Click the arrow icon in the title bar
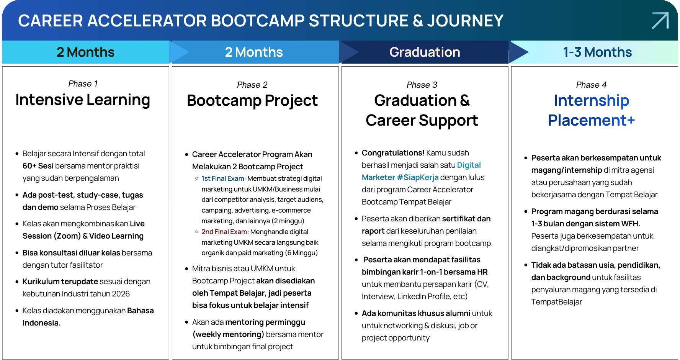click(660, 20)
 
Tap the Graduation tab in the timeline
click(425, 52)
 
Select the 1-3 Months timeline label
click(597, 52)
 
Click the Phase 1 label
click(83, 83)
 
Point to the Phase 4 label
click(592, 85)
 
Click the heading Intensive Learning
click(83, 100)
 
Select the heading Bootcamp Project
click(252, 101)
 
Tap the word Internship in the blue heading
click(592, 101)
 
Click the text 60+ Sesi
click(38, 166)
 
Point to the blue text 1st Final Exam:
click(224, 178)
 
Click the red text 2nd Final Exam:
click(225, 232)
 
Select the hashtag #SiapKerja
click(418, 177)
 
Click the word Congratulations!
click(393, 153)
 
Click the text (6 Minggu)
click(301, 253)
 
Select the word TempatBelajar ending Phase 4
click(557, 302)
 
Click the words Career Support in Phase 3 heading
click(422, 121)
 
